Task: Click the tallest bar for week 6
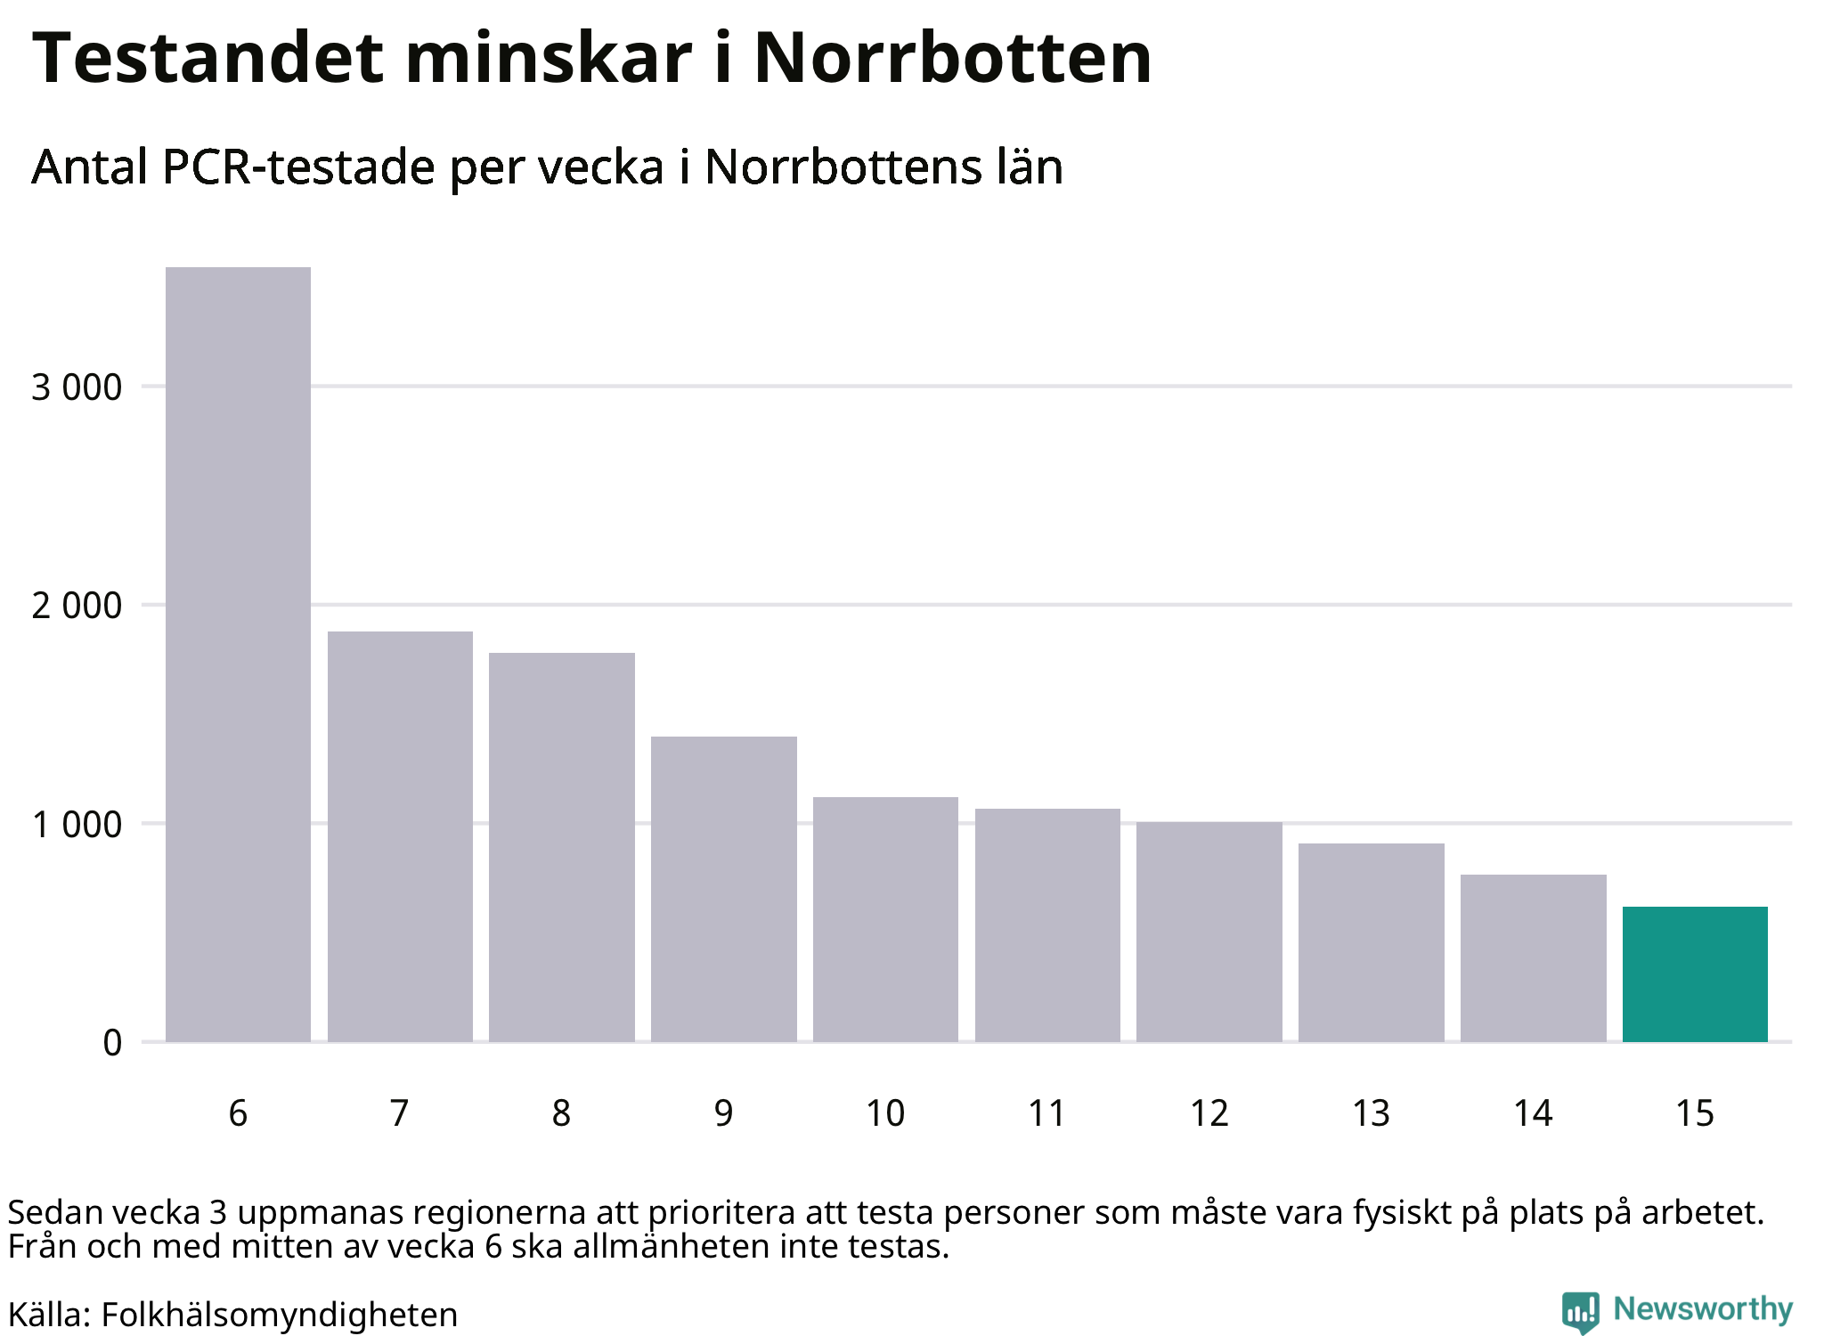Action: (x=238, y=654)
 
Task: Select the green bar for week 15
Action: (x=1695, y=973)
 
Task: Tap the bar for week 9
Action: (x=723, y=889)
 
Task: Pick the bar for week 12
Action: (x=1209, y=932)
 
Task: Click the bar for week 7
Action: (x=400, y=836)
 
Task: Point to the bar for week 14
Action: (x=1533, y=957)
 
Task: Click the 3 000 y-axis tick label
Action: (x=77, y=387)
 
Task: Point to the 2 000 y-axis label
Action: (x=77, y=606)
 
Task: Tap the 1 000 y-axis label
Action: (x=77, y=824)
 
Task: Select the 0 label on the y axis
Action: (x=112, y=1042)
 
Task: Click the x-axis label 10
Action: (x=885, y=1113)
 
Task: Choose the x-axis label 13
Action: (x=1372, y=1113)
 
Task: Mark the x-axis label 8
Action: (x=561, y=1113)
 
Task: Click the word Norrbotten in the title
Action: (x=953, y=58)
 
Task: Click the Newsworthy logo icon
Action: (x=1581, y=1312)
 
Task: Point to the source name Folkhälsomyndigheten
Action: (x=279, y=1315)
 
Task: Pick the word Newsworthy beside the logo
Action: (x=1703, y=1308)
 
